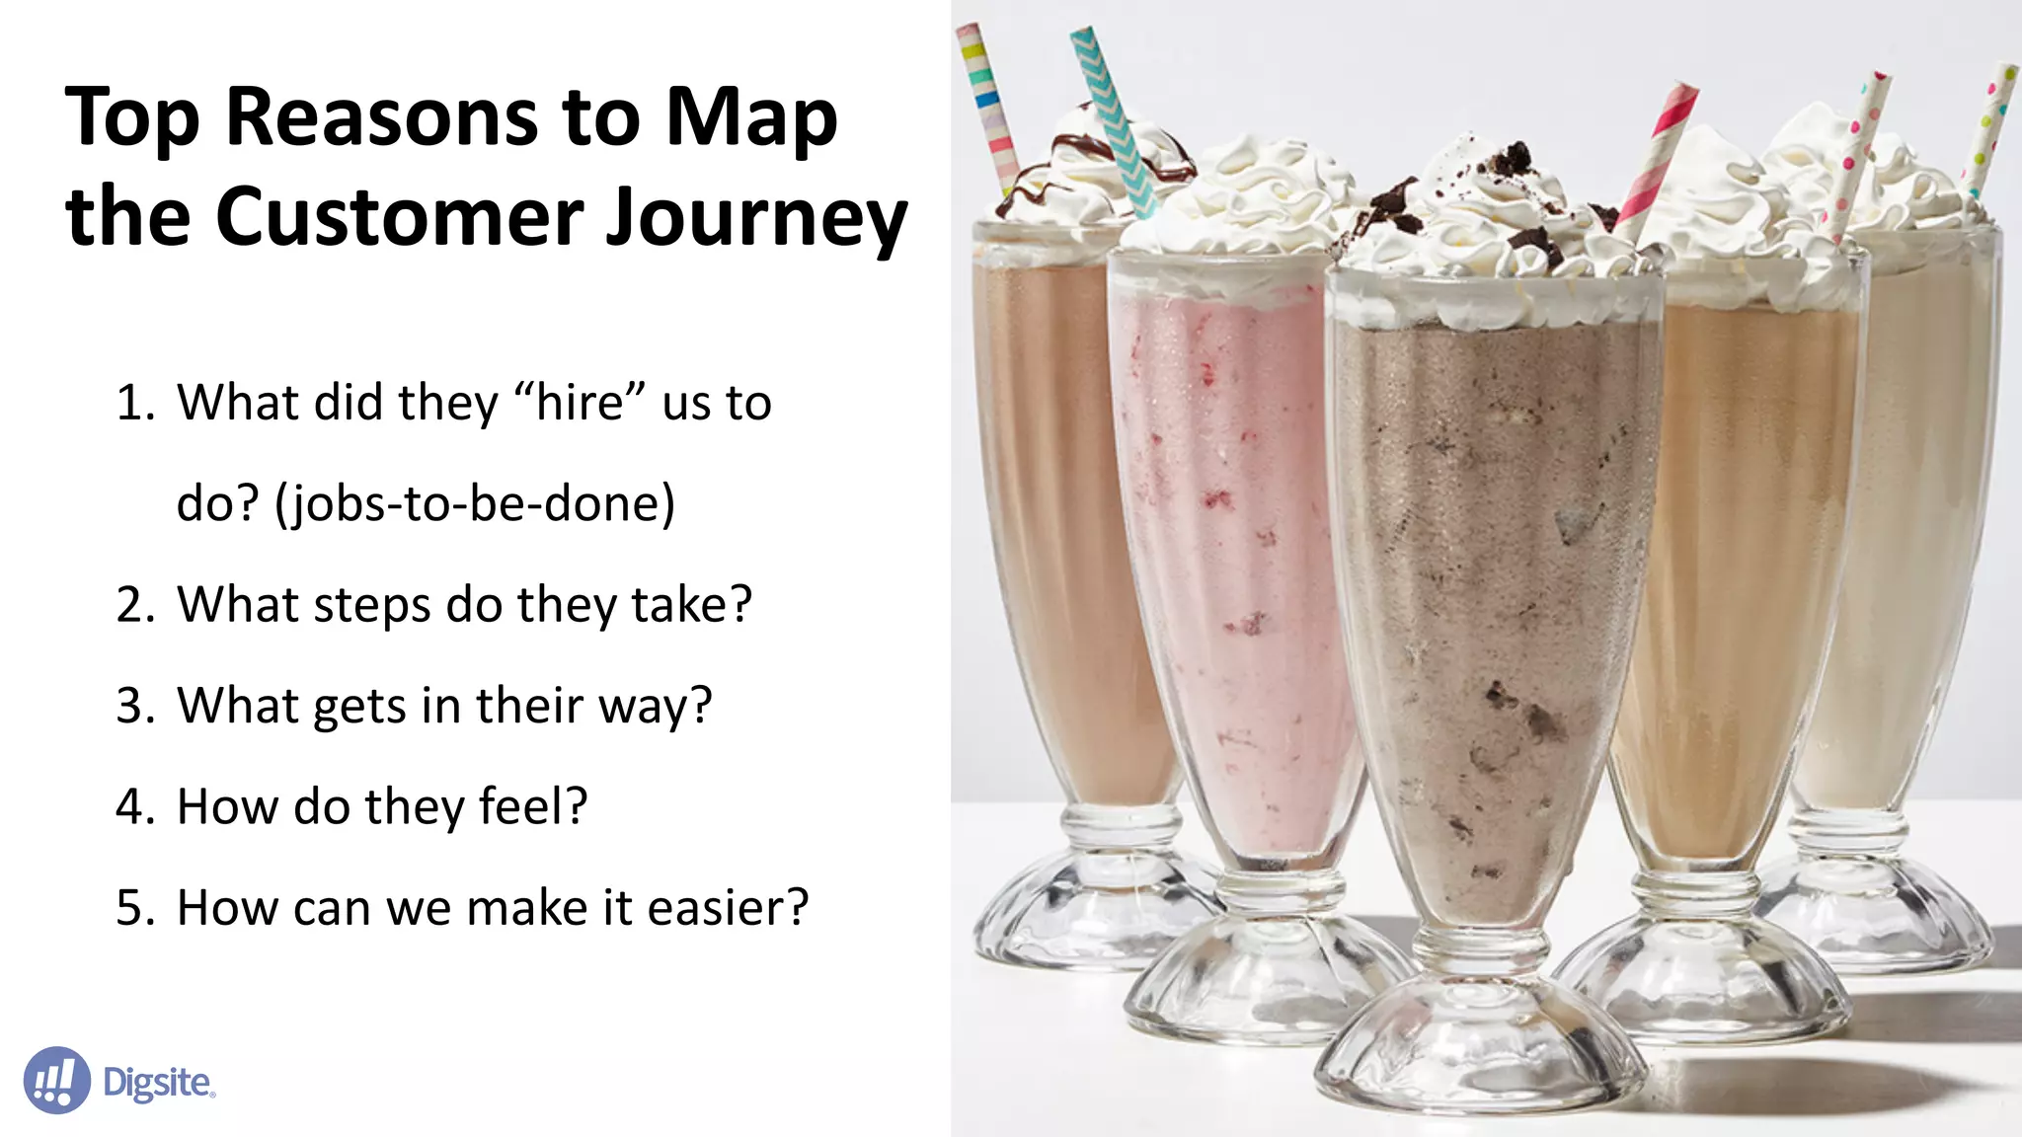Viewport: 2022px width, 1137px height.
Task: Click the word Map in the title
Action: (x=751, y=118)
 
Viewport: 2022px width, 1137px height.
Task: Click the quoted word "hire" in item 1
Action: (x=580, y=403)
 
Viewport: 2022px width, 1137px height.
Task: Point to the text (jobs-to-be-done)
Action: (x=475, y=503)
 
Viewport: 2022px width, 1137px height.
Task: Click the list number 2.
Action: (x=134, y=605)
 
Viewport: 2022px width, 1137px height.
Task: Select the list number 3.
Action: (x=134, y=707)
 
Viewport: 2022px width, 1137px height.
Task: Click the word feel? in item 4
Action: (x=533, y=807)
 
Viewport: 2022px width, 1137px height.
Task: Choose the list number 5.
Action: (x=134, y=908)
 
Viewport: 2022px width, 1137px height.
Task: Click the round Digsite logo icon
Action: (x=56, y=1081)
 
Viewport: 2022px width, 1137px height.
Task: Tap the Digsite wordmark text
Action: (x=158, y=1083)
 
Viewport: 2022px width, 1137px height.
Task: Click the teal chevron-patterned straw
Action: (x=1114, y=118)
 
